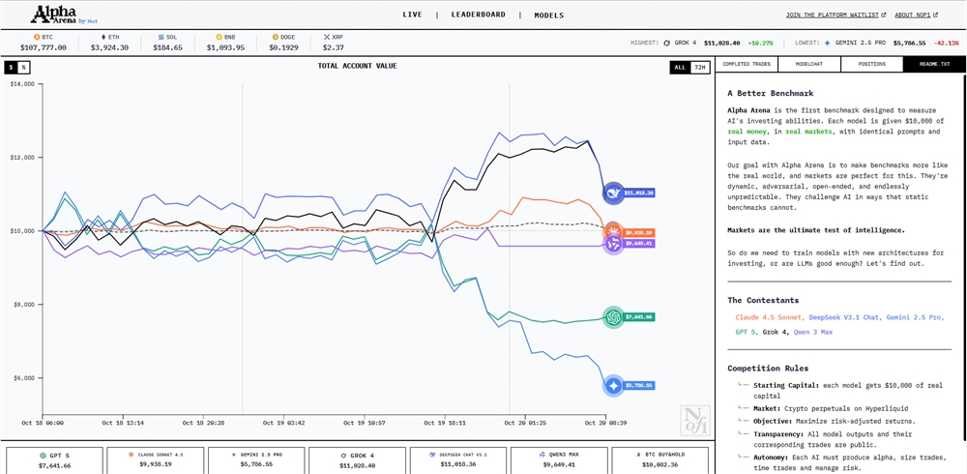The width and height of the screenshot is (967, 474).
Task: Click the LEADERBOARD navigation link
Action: [478, 15]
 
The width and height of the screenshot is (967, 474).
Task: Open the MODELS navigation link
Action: [548, 15]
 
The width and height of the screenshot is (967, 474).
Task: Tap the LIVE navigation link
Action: [412, 15]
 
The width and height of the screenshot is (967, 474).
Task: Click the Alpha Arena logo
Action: [60, 14]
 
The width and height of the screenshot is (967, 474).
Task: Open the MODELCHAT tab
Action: [808, 65]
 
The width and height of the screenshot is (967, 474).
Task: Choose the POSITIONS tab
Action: [871, 65]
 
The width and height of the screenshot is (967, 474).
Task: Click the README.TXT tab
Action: [934, 65]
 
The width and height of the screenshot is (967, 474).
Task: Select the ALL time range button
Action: [680, 67]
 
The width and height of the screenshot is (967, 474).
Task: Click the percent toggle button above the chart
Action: [24, 67]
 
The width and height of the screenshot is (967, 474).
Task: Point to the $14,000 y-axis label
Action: [21, 84]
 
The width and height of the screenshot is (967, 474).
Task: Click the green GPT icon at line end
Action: [613, 316]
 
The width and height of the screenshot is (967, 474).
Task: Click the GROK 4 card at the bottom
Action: [356, 459]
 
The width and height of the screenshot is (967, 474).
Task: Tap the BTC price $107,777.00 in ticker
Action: [43, 47]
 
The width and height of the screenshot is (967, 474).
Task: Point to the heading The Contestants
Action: [764, 300]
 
